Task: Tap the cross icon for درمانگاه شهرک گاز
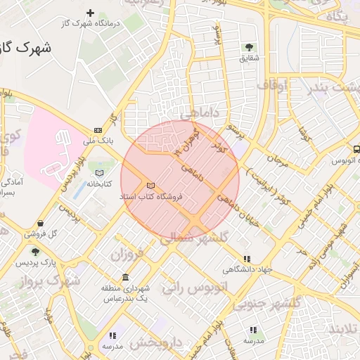[90, 13]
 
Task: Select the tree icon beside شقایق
[249, 47]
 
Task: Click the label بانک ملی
[98, 141]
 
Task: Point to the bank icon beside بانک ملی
[98, 130]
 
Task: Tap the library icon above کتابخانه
[99, 172]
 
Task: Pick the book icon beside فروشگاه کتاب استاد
[149, 186]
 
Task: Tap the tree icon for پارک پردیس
[35, 252]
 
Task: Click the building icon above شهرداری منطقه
[125, 276]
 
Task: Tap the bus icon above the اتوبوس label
[356, 150]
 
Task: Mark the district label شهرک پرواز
[49, 281]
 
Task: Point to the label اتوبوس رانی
[193, 287]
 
